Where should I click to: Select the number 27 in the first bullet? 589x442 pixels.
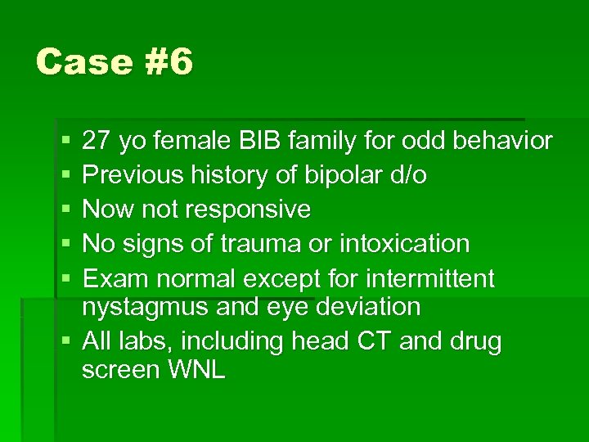(97, 142)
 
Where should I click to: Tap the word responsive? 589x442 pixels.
(249, 210)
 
